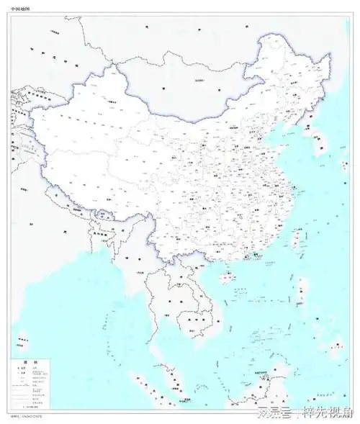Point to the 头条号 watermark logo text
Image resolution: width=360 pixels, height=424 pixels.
tap(283, 411)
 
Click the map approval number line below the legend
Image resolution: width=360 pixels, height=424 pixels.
tap(27, 416)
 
